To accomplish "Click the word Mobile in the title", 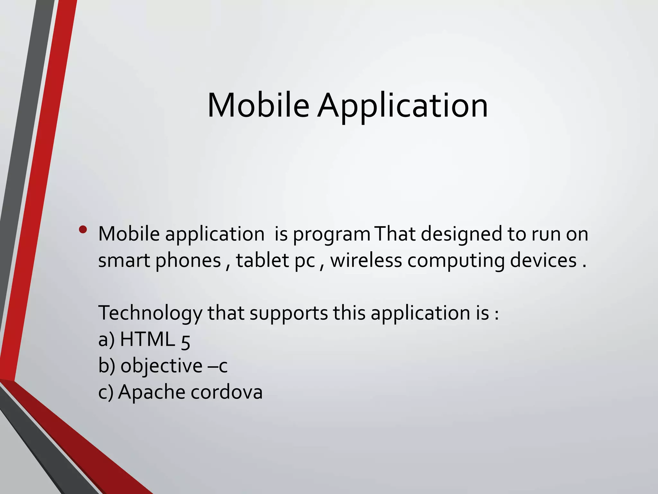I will [258, 105].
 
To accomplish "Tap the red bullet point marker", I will [83, 229].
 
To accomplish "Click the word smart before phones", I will [124, 260].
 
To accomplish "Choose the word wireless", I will [366, 260].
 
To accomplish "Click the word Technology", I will [150, 313].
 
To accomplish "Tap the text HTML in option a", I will [147, 339].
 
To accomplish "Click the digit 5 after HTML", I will [186, 341].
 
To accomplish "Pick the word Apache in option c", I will [151, 392].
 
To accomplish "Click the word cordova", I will [227, 392].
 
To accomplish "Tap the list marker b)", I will [106, 366].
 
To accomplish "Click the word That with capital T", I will [396, 234].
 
